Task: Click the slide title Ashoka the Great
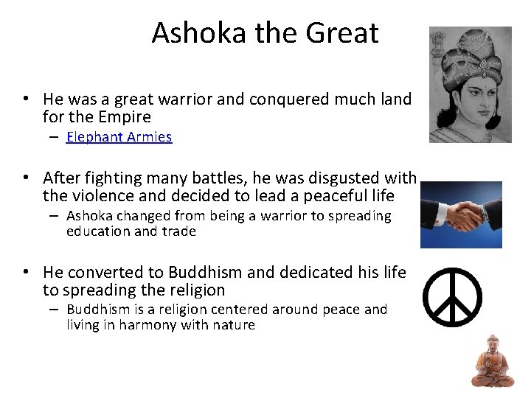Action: coord(265,33)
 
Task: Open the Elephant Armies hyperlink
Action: coord(119,137)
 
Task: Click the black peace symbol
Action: coord(451,297)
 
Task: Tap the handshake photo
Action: coord(461,214)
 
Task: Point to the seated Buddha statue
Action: coord(493,360)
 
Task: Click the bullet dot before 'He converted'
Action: coord(25,273)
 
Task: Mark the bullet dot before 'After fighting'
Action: coord(25,178)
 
